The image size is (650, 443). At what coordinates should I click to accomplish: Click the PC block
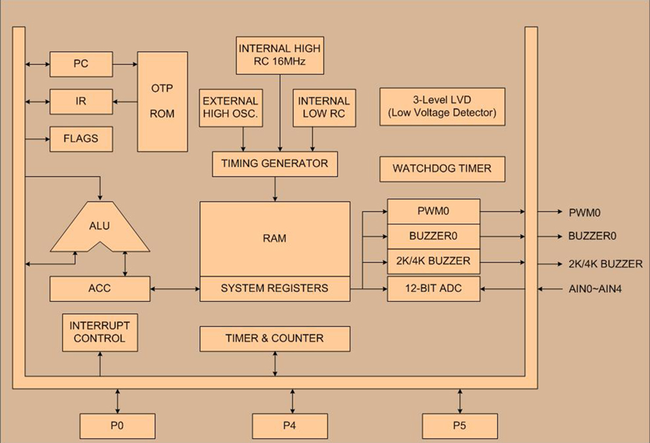81,64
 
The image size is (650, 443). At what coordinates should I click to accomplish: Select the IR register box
81,101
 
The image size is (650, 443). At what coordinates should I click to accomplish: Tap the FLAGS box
81,139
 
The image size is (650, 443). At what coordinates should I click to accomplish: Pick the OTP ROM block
163,101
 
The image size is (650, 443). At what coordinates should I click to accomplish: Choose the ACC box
100,289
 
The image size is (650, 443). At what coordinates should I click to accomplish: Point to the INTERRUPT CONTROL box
100,332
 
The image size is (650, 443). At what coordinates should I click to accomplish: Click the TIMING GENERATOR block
275,164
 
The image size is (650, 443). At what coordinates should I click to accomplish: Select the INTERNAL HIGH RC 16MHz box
280,55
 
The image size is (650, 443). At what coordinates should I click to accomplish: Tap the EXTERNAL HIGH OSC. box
231,108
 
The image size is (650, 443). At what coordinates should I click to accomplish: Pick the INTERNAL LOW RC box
324,108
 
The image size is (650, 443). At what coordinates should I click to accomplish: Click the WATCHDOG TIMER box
443,169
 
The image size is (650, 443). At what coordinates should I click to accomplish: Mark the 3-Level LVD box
443,107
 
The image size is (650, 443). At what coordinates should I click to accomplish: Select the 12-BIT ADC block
434,289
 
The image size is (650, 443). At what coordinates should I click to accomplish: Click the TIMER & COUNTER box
275,339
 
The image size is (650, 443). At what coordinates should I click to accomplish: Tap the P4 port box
290,426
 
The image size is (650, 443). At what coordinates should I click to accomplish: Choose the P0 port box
118,426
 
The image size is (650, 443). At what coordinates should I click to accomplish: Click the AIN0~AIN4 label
595,289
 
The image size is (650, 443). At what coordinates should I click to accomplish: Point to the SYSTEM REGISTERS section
275,289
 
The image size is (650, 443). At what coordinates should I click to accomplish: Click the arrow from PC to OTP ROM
125,64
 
